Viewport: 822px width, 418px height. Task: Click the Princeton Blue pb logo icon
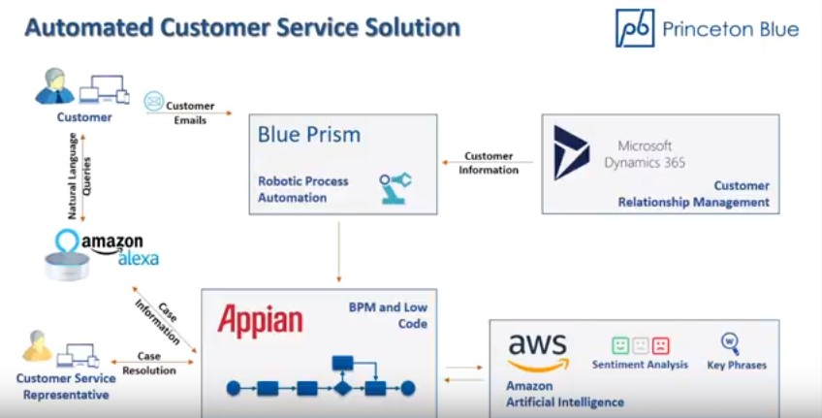(635, 28)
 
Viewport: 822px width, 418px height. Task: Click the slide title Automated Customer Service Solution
(241, 27)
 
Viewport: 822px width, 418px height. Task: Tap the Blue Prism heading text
(309, 135)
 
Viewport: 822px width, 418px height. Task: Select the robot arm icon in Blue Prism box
(395, 187)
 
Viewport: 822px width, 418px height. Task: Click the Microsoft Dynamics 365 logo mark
(571, 152)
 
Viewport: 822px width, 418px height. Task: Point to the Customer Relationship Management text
(694, 194)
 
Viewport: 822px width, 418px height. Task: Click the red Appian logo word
(260, 320)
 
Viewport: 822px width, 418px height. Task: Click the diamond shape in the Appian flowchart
(341, 388)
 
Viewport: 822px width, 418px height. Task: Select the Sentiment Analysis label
(640, 365)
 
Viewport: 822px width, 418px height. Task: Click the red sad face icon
(660, 345)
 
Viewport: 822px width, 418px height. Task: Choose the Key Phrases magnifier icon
(730, 343)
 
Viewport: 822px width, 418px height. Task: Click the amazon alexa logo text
(113, 249)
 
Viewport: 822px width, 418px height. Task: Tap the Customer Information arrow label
(489, 163)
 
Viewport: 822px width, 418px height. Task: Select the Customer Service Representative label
(66, 386)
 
